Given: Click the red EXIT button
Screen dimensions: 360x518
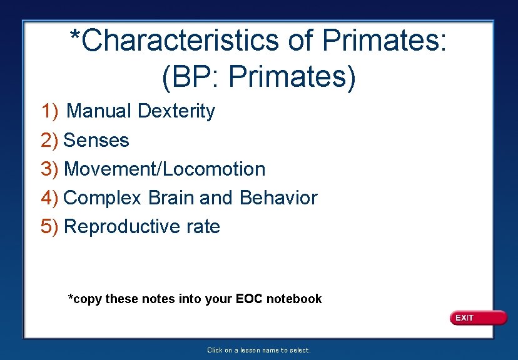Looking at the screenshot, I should (478, 318).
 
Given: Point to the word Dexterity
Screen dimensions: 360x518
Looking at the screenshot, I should (176, 111).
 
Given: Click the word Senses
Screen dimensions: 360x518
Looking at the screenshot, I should (96, 140).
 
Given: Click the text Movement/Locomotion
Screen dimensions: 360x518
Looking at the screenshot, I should (165, 169).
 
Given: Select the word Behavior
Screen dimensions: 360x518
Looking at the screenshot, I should (278, 198).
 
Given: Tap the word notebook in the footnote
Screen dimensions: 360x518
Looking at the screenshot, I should (294, 299).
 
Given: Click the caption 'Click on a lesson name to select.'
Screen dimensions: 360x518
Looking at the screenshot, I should (258, 351).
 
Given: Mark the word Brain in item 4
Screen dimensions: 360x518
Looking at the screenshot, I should (171, 198).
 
